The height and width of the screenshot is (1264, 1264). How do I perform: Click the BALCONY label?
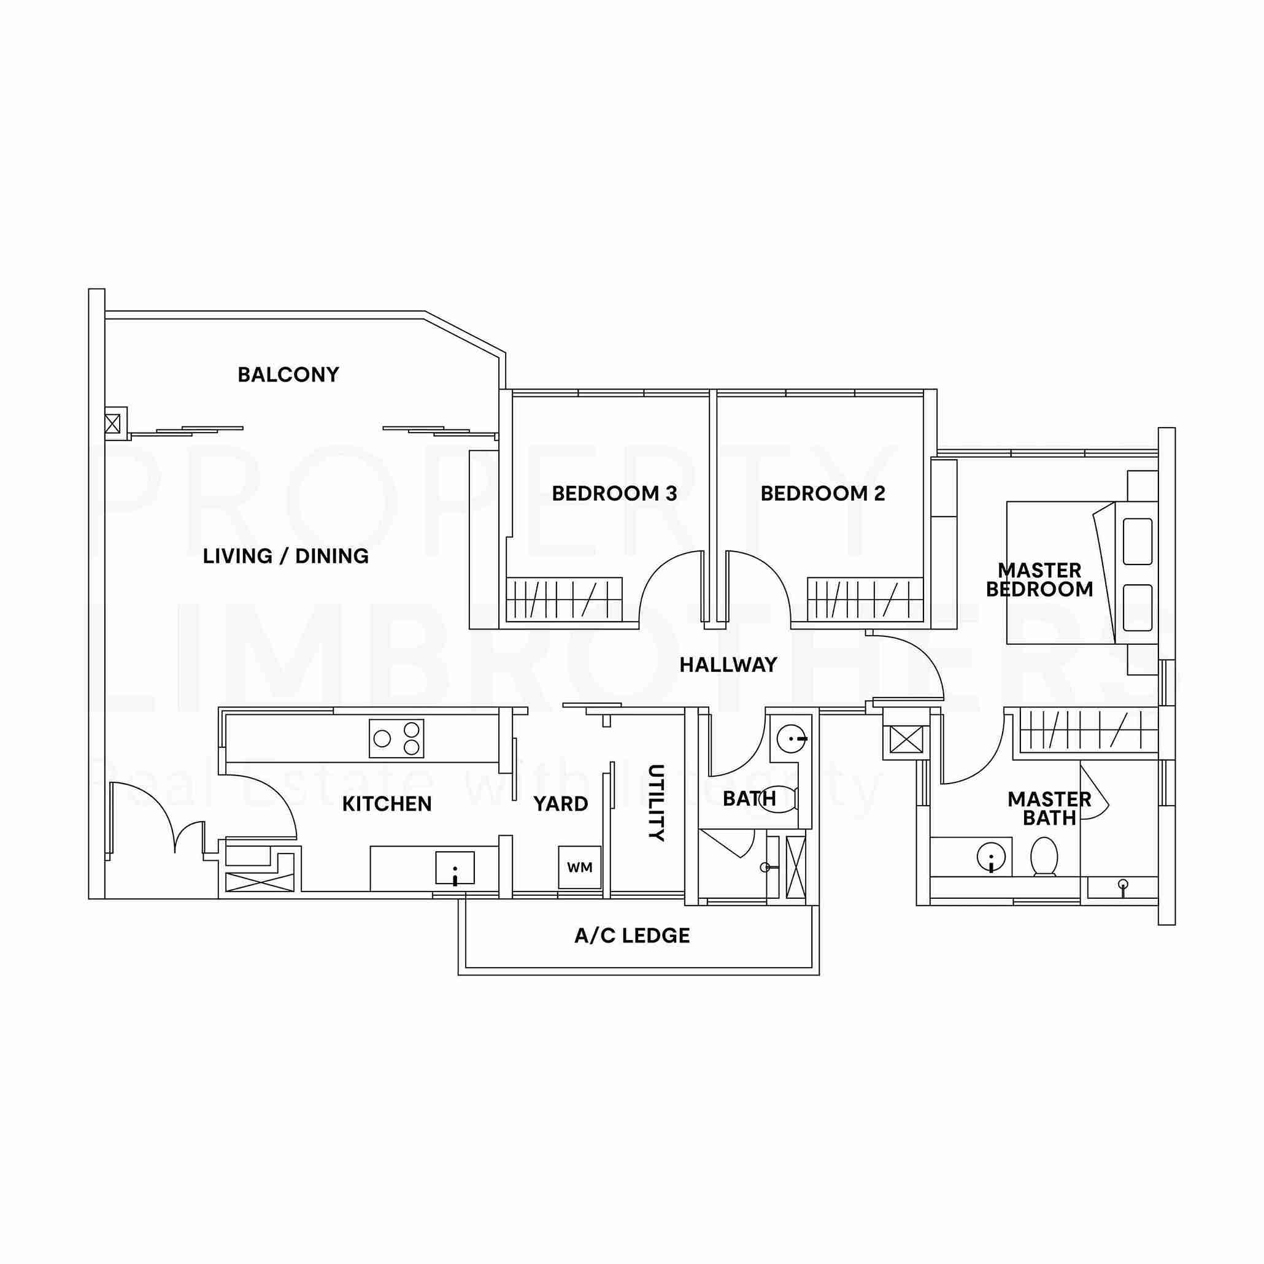pos(288,375)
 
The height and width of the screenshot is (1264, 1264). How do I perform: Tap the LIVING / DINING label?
pos(286,556)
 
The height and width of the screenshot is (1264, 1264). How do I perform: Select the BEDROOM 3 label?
pos(614,493)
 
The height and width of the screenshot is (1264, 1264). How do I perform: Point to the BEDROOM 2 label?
pos(822,493)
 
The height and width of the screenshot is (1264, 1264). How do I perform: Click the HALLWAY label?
pos(728,665)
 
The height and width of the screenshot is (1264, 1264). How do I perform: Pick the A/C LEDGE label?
pos(632,936)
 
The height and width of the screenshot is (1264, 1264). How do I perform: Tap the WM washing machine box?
pos(580,868)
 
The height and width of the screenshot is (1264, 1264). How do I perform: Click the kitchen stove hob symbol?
pos(396,739)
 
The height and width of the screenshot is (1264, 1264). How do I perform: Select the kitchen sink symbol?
pos(455,868)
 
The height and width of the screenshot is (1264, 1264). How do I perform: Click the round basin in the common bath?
pos(792,739)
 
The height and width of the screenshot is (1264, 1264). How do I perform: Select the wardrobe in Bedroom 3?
pos(565,599)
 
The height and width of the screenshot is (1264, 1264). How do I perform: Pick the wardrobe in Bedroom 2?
pos(865,599)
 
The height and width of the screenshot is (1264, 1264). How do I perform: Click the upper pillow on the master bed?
pos(1138,542)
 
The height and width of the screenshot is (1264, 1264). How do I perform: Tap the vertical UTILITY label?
pos(656,803)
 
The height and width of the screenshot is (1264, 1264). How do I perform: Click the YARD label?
pos(561,803)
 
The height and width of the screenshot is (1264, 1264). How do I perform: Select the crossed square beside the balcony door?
pos(112,423)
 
